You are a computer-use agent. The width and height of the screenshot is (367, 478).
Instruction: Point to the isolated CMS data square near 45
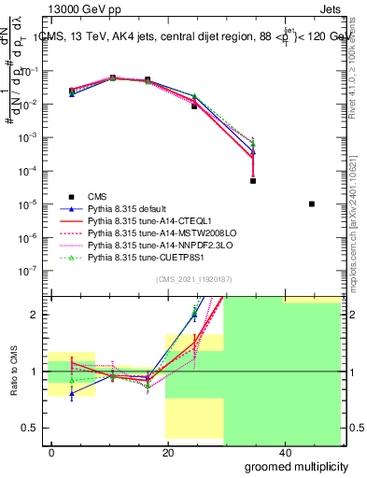coord(312,204)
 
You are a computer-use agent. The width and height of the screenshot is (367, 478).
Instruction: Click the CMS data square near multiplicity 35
coord(253,181)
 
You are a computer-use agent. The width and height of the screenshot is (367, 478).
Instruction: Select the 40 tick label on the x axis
coord(283,453)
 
